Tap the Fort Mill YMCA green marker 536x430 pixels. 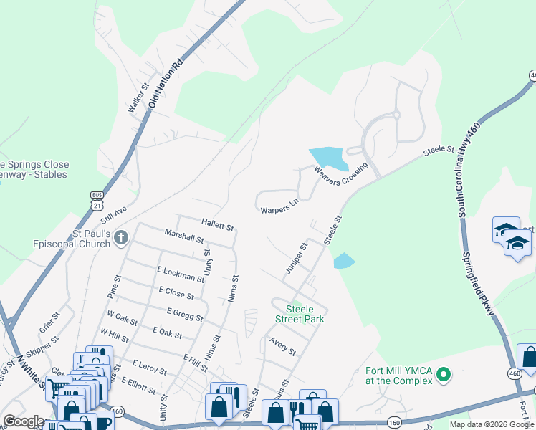click(x=444, y=374)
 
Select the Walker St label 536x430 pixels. click(x=138, y=98)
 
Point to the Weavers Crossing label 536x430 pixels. click(x=340, y=173)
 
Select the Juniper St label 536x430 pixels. click(x=296, y=257)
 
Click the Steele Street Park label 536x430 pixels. click(x=300, y=314)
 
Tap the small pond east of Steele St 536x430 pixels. click(x=344, y=261)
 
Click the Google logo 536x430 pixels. click(x=24, y=421)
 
